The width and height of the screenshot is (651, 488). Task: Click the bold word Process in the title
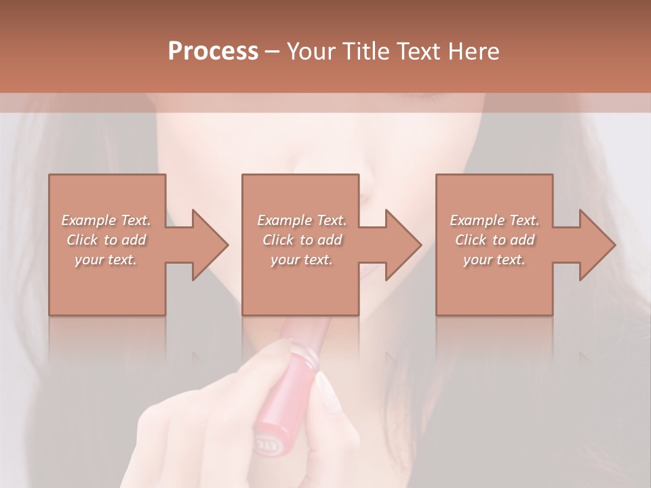(x=213, y=51)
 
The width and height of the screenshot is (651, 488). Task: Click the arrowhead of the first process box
(x=209, y=245)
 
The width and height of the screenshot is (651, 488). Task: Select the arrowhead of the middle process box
(x=402, y=245)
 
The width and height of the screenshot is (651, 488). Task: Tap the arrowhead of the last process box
(x=596, y=245)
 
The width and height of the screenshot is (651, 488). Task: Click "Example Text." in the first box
(x=106, y=220)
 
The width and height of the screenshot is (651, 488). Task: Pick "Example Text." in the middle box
(x=302, y=220)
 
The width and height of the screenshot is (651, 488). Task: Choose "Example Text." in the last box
(x=494, y=220)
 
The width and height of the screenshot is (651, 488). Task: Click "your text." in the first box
(x=106, y=260)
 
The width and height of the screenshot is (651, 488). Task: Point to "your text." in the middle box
(x=302, y=260)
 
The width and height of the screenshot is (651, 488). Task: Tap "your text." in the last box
(x=494, y=260)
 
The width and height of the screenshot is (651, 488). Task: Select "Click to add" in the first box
(x=106, y=240)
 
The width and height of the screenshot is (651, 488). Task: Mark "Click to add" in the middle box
(x=302, y=240)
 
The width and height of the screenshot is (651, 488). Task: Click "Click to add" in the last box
(x=494, y=240)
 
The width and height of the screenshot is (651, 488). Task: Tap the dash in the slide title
(x=272, y=52)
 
